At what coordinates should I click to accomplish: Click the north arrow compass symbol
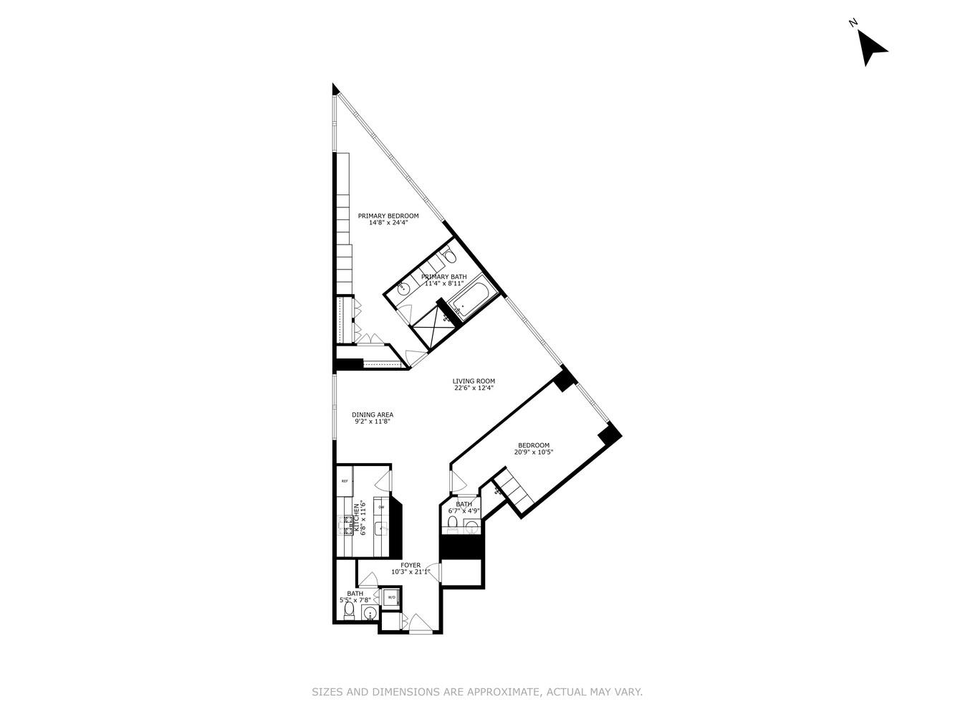tap(871, 47)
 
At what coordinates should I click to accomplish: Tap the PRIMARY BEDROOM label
tap(388, 216)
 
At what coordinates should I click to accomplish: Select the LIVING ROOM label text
tap(473, 381)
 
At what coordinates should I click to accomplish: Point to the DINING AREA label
tap(373, 414)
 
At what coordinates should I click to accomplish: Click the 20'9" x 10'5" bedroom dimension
tap(534, 452)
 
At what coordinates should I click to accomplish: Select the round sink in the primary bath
tap(403, 289)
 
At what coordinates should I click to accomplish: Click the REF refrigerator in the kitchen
tap(345, 481)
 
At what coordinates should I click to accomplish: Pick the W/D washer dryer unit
tap(392, 597)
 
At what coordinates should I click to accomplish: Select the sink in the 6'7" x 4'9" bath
tap(471, 528)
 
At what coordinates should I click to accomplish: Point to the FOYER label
tap(411, 565)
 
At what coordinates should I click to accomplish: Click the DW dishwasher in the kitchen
tap(381, 508)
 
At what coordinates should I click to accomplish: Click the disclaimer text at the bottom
tap(477, 692)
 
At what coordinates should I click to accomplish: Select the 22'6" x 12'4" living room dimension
tap(474, 389)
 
